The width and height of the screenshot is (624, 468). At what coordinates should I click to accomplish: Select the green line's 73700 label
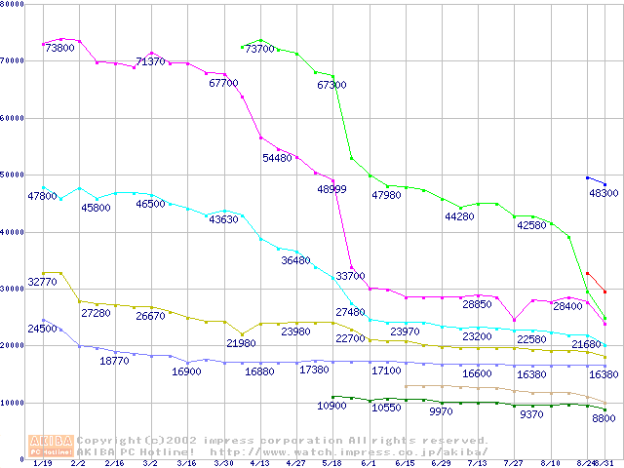259,49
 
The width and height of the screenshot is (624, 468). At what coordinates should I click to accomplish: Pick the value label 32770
44,282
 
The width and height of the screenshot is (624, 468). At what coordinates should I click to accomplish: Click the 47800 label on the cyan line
42,196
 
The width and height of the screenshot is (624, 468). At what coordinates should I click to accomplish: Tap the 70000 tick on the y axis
13,60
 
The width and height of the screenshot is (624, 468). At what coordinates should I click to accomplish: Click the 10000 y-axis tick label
13,402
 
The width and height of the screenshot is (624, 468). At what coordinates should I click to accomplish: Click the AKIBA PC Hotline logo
50,445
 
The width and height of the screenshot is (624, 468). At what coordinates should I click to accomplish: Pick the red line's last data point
604,292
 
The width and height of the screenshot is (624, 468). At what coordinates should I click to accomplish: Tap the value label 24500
42,329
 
